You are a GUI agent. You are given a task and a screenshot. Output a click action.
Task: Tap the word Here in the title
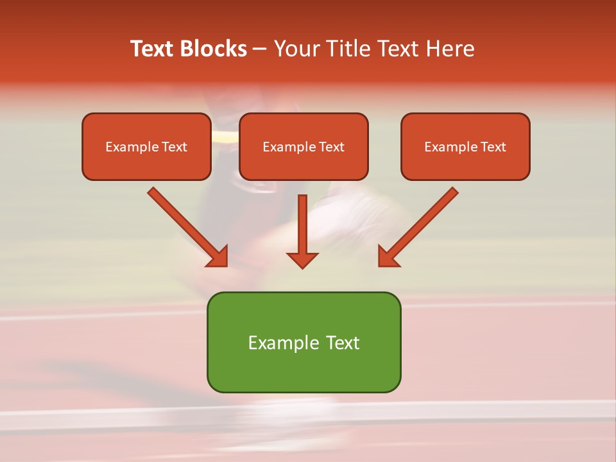pyautogui.click(x=449, y=49)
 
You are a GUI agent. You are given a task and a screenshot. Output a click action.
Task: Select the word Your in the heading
pyautogui.click(x=295, y=49)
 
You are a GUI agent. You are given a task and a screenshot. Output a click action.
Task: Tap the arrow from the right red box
pyautogui.click(x=420, y=225)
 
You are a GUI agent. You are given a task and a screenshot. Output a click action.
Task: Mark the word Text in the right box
pyautogui.click(x=493, y=147)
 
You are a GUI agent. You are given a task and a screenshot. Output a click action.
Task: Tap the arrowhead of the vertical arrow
pyautogui.click(x=302, y=259)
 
